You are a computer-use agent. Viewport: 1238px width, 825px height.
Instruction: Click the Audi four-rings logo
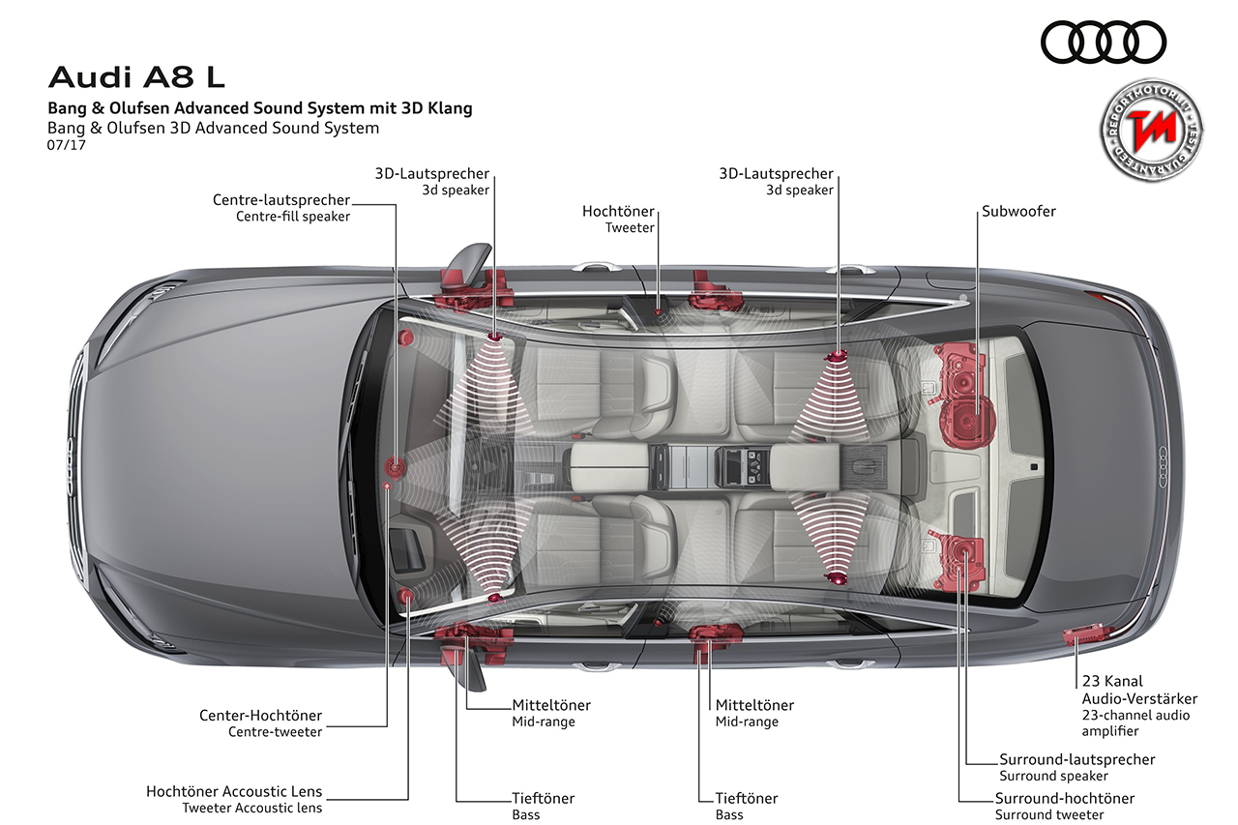(1104, 43)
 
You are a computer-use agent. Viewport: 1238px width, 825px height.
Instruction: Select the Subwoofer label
(1018, 211)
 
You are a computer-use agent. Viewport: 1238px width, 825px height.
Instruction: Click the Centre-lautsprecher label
(281, 200)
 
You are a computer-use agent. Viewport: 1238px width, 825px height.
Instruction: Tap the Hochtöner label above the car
(618, 211)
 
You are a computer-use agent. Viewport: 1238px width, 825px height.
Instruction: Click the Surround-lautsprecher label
(1076, 759)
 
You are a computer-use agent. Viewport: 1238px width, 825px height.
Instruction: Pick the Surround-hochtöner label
(1064, 799)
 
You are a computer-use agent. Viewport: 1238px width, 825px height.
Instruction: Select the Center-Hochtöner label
(260, 716)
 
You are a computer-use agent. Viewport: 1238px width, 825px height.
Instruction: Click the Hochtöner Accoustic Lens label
(234, 792)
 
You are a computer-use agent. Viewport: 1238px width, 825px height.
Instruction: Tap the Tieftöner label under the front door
(543, 799)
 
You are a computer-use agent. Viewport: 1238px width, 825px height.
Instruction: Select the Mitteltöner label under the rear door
(754, 705)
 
